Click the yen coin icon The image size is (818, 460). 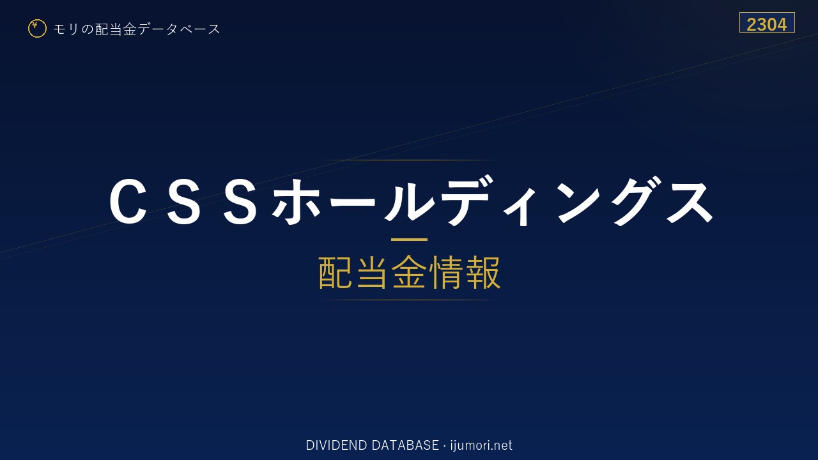pyautogui.click(x=37, y=29)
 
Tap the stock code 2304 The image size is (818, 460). pyautogui.click(x=766, y=25)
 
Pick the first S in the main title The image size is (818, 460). pyautogui.click(x=184, y=201)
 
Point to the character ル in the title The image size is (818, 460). pyautogui.click(x=409, y=200)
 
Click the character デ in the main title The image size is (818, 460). pyautogui.click(x=467, y=200)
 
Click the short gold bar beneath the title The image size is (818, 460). pyautogui.click(x=409, y=240)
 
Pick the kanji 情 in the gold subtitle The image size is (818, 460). pyautogui.click(x=446, y=273)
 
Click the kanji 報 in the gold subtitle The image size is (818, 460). pyautogui.click(x=482, y=273)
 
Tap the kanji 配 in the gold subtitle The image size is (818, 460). pyautogui.click(x=336, y=273)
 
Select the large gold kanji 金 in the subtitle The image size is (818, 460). pyautogui.click(x=409, y=272)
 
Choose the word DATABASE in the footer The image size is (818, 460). pyautogui.click(x=405, y=445)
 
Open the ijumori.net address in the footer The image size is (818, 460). pyautogui.click(x=481, y=445)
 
